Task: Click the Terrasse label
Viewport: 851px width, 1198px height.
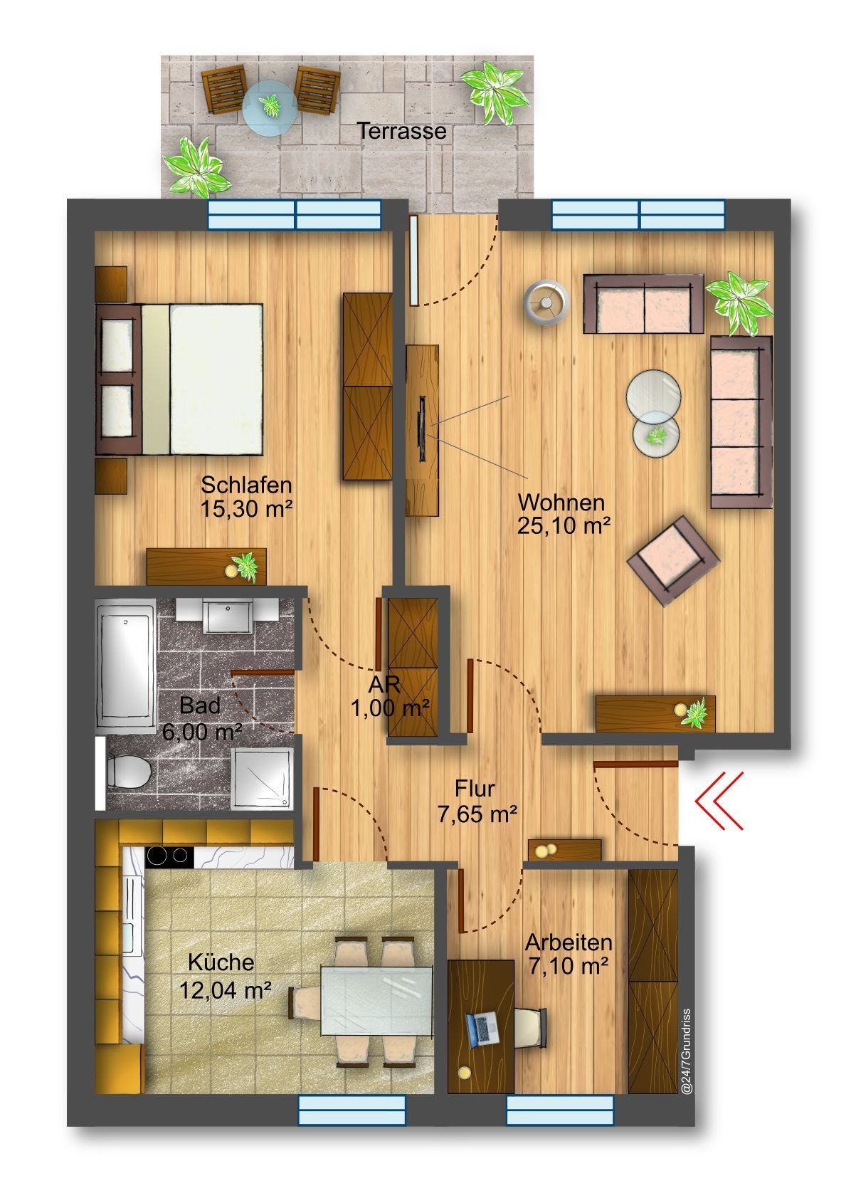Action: pos(401,131)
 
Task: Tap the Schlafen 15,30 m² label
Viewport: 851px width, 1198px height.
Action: pos(246,497)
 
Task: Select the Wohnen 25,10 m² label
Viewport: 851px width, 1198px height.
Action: pos(563,514)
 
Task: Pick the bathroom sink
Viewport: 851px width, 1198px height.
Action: pos(228,616)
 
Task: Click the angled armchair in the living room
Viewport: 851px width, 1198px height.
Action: pos(673,560)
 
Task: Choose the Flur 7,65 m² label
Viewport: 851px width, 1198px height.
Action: pos(477,800)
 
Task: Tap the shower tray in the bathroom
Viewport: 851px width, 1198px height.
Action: pos(262,777)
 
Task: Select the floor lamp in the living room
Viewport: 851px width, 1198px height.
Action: pos(545,303)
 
